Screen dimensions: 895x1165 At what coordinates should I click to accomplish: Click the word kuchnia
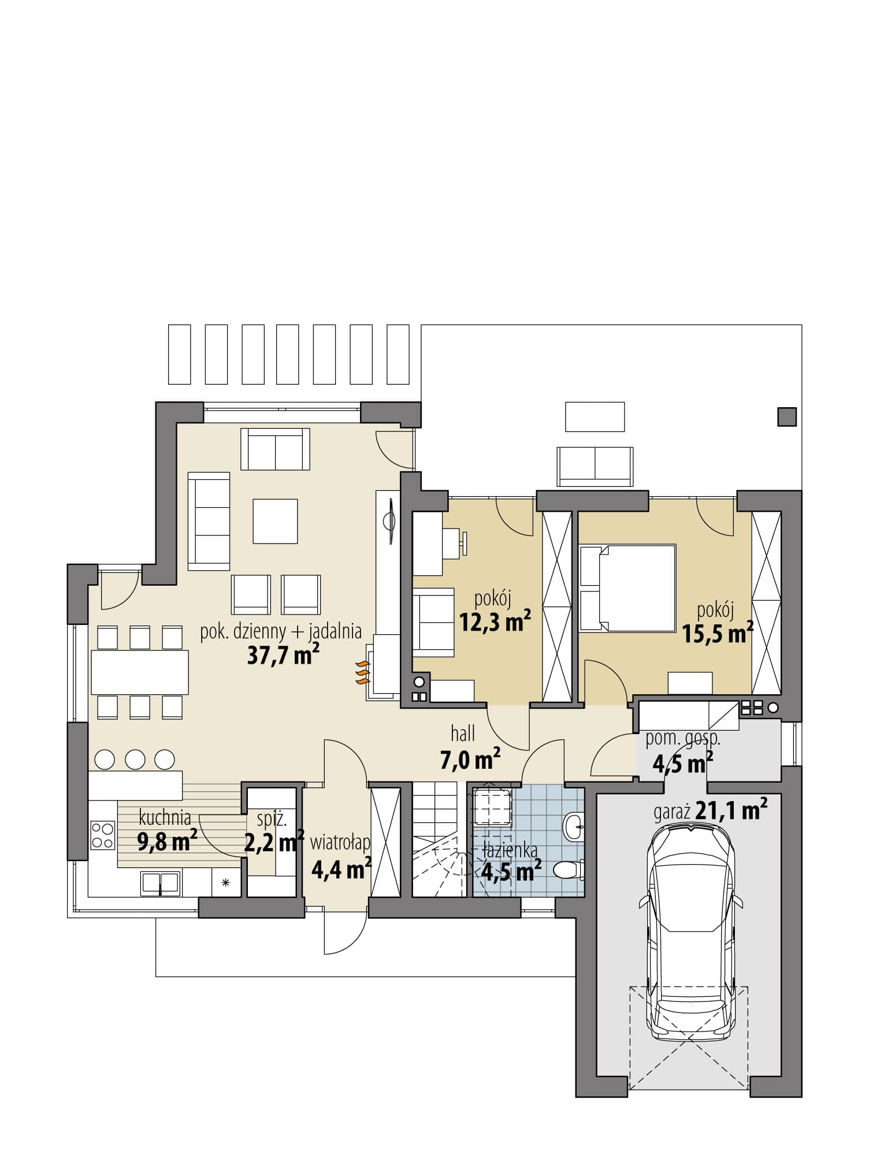pyautogui.click(x=165, y=818)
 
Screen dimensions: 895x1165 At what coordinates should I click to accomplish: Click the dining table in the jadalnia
pyautogui.click(x=140, y=672)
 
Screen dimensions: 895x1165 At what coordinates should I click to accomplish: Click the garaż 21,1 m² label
pyautogui.click(x=710, y=812)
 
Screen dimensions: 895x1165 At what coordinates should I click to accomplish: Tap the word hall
pyautogui.click(x=463, y=734)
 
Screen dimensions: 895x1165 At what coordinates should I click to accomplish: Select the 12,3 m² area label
pyautogui.click(x=495, y=620)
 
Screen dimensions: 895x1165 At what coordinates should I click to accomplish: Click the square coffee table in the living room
pyautogui.click(x=275, y=522)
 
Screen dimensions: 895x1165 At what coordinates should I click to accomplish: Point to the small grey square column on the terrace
pyautogui.click(x=787, y=417)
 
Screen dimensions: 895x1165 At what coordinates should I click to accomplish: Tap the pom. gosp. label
pyautogui.click(x=682, y=739)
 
